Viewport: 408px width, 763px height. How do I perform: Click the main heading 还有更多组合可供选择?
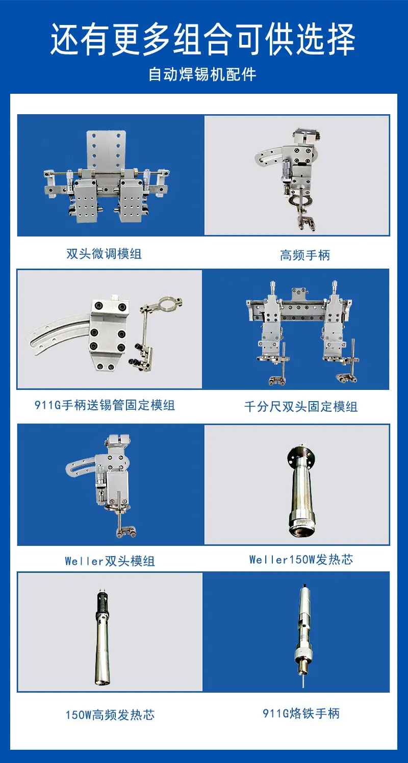[x=203, y=39]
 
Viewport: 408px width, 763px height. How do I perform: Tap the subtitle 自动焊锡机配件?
[x=202, y=74]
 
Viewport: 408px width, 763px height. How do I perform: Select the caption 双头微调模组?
[x=104, y=254]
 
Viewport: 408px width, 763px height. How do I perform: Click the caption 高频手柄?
[x=305, y=255]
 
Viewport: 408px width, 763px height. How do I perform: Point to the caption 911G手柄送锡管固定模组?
[x=105, y=405]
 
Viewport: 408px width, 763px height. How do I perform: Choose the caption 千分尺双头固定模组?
[x=301, y=407]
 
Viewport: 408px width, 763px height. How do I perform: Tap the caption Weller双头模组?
[x=110, y=561]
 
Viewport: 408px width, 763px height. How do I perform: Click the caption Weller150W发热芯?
[x=301, y=559]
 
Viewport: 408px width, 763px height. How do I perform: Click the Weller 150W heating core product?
[x=301, y=491]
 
